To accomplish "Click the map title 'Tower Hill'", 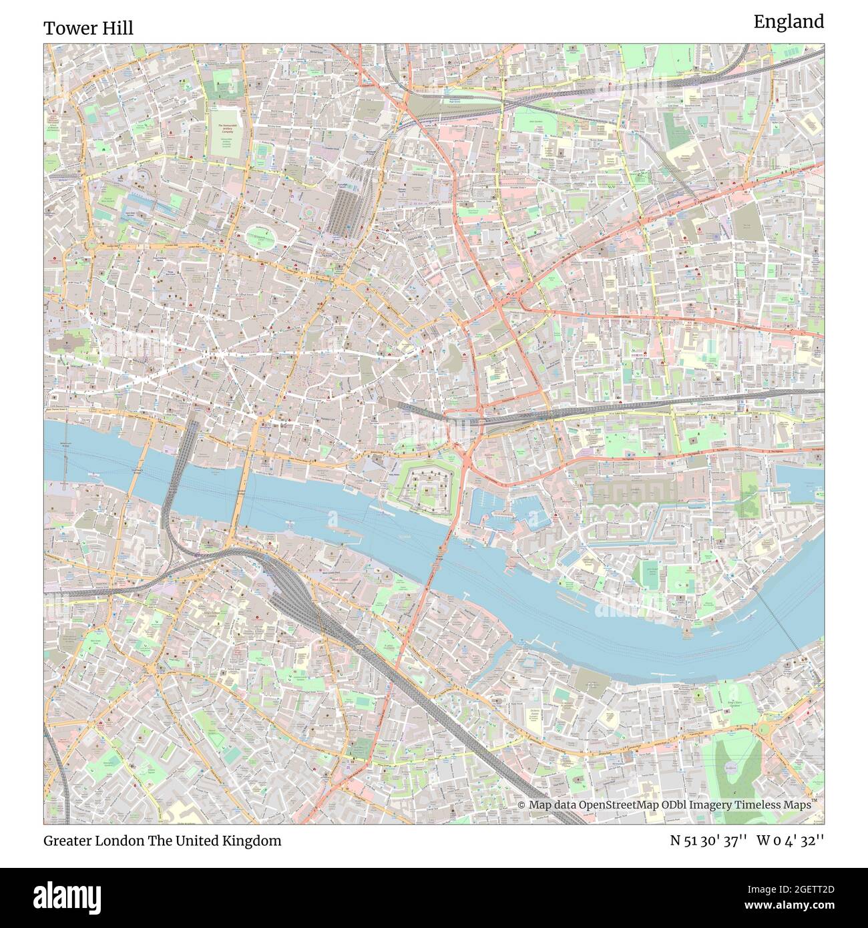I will coord(88,28).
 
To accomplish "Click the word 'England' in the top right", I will coord(789,22).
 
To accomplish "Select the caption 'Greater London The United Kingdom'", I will coord(162,841).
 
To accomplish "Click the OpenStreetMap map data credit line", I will coord(665,804).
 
